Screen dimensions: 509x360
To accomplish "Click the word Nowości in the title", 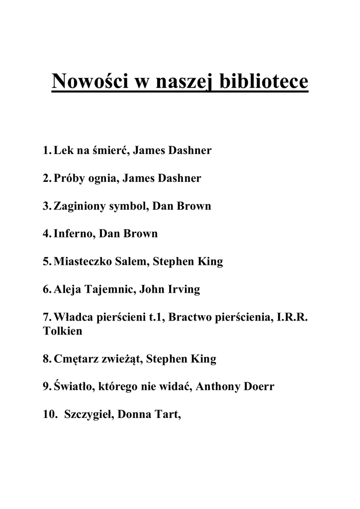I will pyautogui.click(x=89, y=81).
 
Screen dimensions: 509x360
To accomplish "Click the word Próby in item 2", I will pyautogui.click(x=69, y=178).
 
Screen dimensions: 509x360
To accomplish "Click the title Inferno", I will pyautogui.click(x=74, y=234).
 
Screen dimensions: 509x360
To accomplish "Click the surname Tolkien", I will pyautogui.click(x=63, y=331).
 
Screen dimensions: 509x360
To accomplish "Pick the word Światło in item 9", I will pyautogui.click(x=73, y=387).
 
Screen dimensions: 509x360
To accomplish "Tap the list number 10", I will pyautogui.click(x=50, y=415).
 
